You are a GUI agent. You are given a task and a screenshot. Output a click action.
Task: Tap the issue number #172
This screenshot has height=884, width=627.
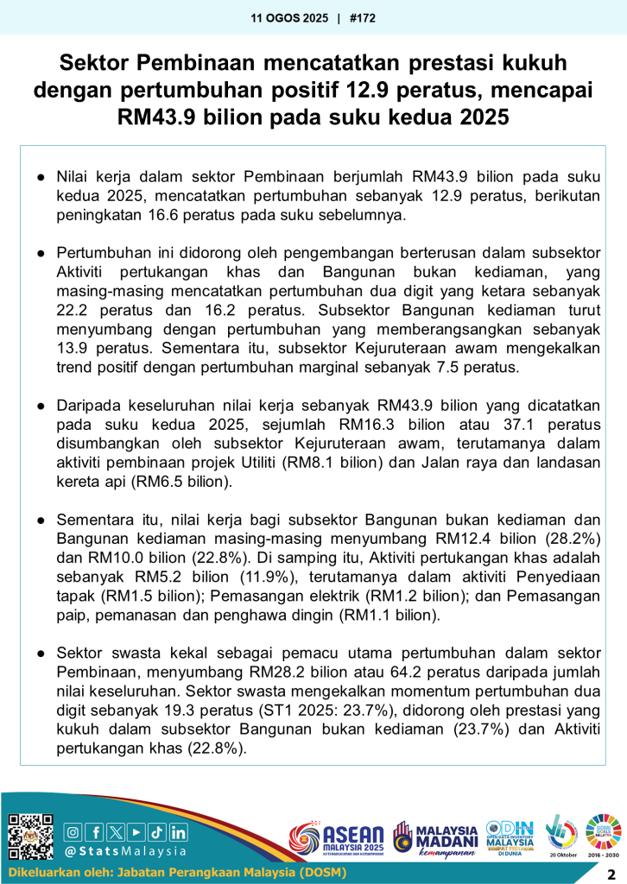pyautogui.click(x=363, y=17)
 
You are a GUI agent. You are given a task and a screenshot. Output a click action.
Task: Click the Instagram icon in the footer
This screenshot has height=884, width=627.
pyautogui.click(x=74, y=832)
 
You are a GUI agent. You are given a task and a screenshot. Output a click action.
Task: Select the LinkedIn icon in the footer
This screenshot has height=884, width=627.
pyautogui.click(x=178, y=832)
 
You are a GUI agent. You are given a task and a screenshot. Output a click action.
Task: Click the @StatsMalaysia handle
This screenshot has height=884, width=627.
pyautogui.click(x=126, y=851)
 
